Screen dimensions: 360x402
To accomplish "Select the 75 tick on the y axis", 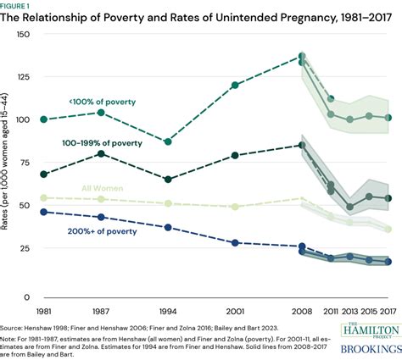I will [25, 164].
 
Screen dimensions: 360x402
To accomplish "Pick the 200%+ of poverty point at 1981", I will [43, 212].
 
